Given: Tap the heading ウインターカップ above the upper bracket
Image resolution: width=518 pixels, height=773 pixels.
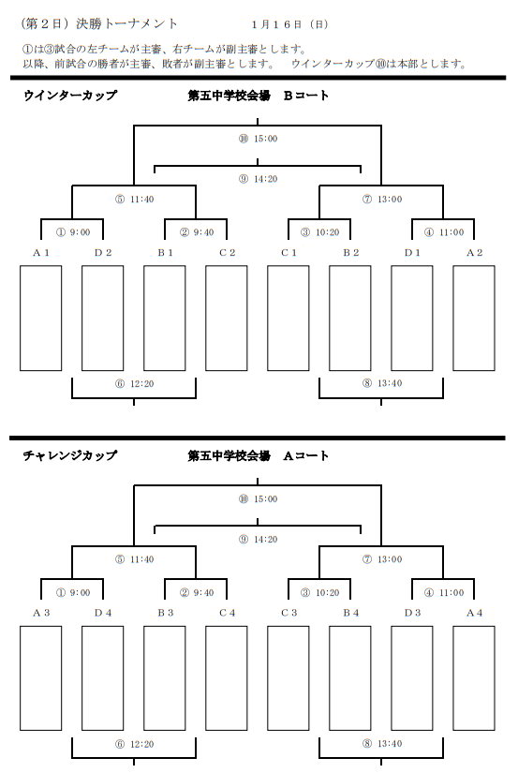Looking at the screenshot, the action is pos(70,96).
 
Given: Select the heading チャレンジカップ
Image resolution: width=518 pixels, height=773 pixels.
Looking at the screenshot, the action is pos(70,455).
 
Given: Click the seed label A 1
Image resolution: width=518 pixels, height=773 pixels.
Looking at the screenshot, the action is pos(41,253).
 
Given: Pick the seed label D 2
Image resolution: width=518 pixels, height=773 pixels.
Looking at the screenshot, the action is pos(103,253).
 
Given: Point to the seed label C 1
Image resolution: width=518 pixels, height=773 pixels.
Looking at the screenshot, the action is pos(289,253).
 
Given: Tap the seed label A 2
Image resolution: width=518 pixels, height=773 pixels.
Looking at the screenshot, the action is pos(475,253).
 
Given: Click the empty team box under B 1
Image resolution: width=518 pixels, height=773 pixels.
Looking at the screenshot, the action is pos(165,318).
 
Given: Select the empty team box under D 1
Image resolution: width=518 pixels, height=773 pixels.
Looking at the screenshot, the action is pos(412,318).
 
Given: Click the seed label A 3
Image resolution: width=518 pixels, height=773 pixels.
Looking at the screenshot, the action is pos(41,614).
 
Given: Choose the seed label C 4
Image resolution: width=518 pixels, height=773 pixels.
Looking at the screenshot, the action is pos(227,614).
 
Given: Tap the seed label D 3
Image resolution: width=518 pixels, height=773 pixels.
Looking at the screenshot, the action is pos(412,614).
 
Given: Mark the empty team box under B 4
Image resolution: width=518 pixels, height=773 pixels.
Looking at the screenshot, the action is pos(350,678).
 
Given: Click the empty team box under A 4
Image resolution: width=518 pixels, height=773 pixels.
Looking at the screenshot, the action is pos(474,678).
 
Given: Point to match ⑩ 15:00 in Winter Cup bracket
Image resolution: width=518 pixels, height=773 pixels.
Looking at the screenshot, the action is pos(259,139).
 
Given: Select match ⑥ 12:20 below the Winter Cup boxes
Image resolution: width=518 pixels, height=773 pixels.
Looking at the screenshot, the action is pos(135,383).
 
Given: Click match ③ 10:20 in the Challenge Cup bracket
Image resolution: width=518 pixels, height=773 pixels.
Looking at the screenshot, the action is pos(320,592).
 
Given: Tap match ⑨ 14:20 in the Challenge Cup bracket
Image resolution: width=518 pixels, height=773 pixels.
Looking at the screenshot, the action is pos(259,540).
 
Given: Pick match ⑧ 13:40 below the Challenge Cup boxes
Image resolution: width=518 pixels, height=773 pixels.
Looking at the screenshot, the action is pos(382,743).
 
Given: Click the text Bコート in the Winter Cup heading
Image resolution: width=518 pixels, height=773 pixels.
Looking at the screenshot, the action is pos(306,96).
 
